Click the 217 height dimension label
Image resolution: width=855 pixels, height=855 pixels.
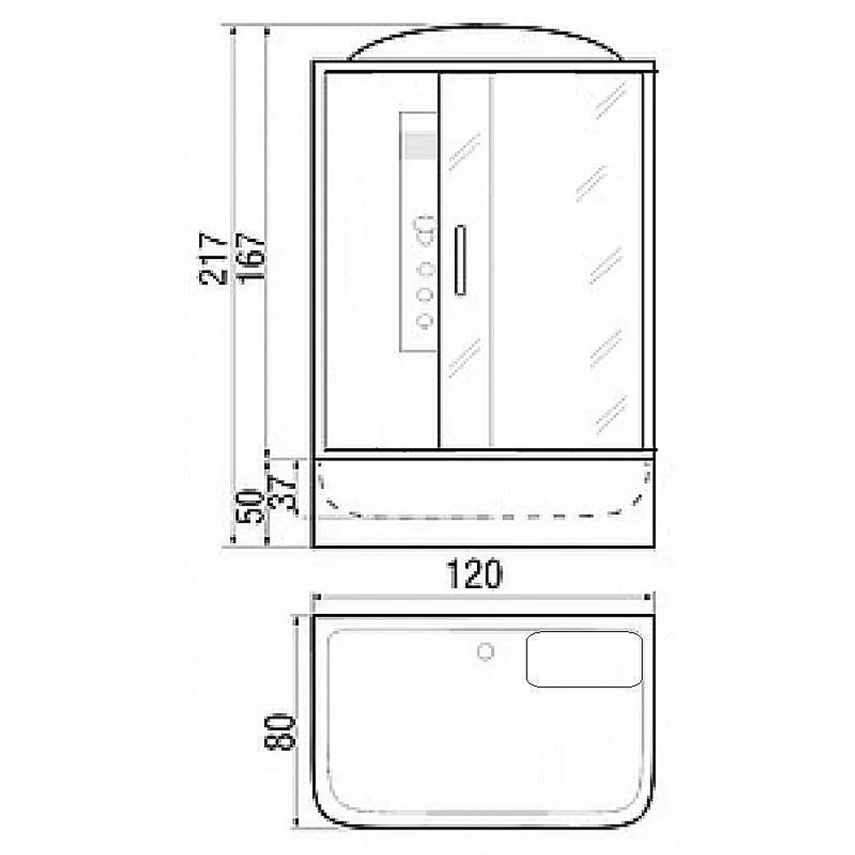[213, 259]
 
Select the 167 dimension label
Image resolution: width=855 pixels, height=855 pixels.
[251, 257]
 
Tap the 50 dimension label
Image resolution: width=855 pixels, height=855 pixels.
[250, 505]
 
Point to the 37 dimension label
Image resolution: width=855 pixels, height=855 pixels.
[284, 494]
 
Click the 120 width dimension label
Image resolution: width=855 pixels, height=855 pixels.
[474, 574]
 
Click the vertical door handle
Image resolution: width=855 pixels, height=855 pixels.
[460, 260]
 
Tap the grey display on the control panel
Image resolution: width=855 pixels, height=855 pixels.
[419, 145]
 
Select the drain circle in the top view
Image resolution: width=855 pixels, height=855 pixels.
[485, 651]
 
